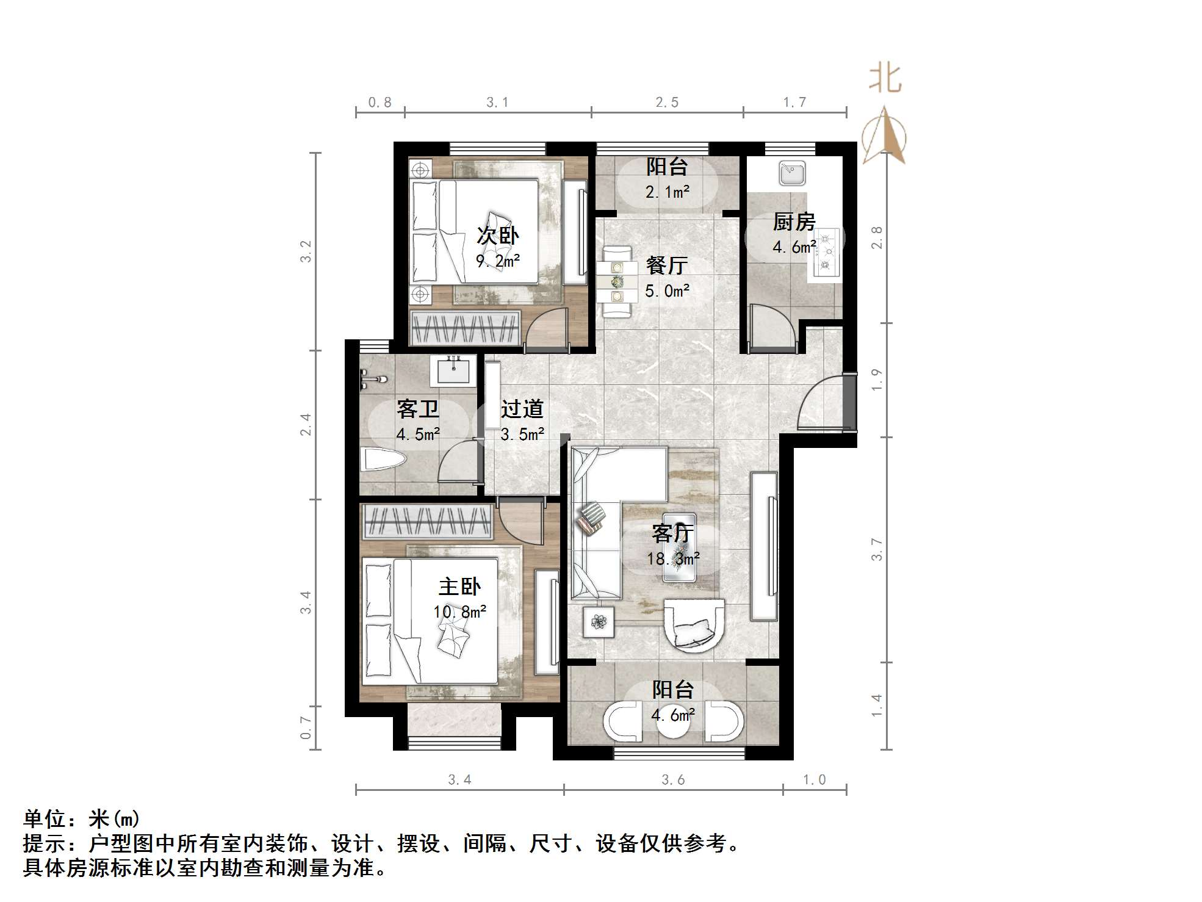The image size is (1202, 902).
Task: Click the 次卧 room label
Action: click(x=497, y=236)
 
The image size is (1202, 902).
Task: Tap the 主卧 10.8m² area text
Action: click(x=459, y=611)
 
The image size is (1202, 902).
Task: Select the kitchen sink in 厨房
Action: click(x=792, y=173)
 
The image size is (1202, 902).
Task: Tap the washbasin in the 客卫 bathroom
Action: click(x=453, y=370)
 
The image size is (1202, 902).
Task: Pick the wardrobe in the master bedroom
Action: click(x=427, y=522)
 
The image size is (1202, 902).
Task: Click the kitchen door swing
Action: click(x=772, y=330)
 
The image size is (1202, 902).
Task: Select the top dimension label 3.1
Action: click(x=497, y=103)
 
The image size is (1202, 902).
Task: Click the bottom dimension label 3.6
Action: click(x=673, y=780)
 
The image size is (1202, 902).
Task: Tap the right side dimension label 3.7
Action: click(x=877, y=549)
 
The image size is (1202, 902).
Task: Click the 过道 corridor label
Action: click(x=522, y=409)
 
